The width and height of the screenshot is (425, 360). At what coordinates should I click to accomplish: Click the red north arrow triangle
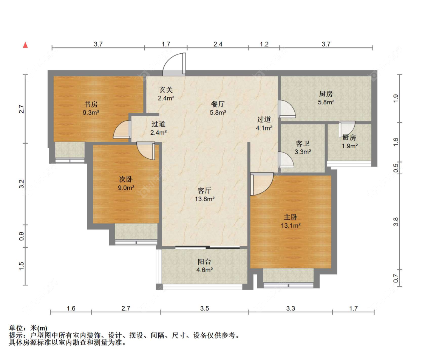pos(25,45)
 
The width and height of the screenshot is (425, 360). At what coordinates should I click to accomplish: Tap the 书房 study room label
pos(91,104)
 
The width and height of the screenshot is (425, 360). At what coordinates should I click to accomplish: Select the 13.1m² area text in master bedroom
pos(291,225)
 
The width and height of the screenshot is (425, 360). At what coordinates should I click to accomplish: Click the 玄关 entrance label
pos(166,90)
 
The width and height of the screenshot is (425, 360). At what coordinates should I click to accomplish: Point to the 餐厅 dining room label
pos(218,104)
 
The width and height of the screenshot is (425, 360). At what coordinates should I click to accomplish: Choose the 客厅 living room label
pos(205,191)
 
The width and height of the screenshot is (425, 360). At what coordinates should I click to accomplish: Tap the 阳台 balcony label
pos(204,262)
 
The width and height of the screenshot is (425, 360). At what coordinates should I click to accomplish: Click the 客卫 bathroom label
pos(303,143)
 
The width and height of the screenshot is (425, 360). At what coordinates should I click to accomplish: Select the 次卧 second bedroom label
pos(126,179)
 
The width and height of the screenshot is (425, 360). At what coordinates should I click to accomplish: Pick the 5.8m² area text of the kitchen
pos(326,102)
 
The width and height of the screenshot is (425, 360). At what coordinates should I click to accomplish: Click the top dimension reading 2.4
pos(218,44)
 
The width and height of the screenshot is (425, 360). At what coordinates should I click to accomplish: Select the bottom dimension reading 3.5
pos(205,308)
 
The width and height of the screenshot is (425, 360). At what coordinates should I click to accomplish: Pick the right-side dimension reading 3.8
pos(396,222)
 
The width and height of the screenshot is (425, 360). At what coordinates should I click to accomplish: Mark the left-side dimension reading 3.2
pos(22,184)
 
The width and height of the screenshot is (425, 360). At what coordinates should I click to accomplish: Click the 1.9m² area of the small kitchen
pos(350,146)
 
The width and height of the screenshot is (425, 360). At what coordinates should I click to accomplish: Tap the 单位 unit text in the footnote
pos(16,328)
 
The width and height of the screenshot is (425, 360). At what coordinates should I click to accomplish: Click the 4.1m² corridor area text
pos(264,128)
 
